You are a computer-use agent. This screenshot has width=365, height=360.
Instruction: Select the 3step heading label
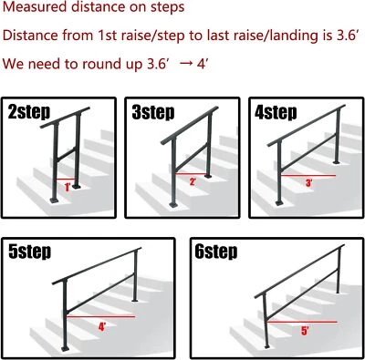coord(153,113)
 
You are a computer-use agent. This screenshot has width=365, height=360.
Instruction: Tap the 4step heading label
coord(276,113)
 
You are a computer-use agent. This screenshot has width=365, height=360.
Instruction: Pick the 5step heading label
coord(33,251)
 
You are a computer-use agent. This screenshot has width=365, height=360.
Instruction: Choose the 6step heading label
coord(216,251)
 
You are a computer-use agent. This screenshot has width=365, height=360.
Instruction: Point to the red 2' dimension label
coord(193,182)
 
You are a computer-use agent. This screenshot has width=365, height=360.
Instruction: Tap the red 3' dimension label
coord(308,182)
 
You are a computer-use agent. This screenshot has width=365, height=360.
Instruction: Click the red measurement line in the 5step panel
coord(105,316)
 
